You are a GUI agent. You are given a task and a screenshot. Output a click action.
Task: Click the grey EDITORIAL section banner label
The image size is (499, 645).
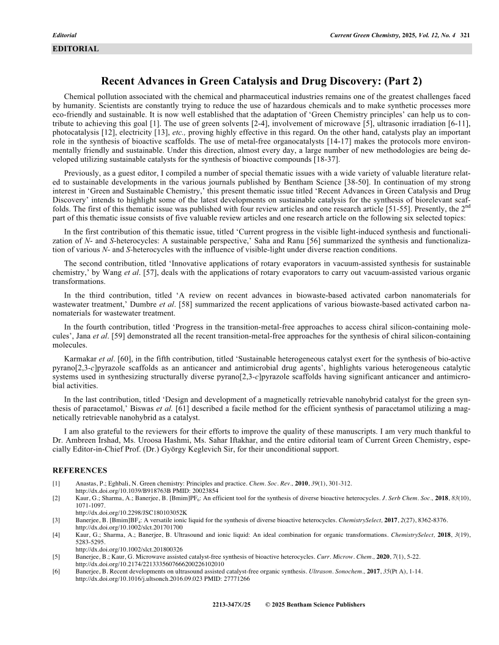75,49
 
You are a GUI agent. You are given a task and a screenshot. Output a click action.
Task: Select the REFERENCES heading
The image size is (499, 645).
79,470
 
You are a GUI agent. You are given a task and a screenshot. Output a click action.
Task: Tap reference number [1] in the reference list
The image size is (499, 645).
56,483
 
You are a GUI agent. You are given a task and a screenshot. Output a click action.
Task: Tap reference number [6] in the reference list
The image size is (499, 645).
56,570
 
